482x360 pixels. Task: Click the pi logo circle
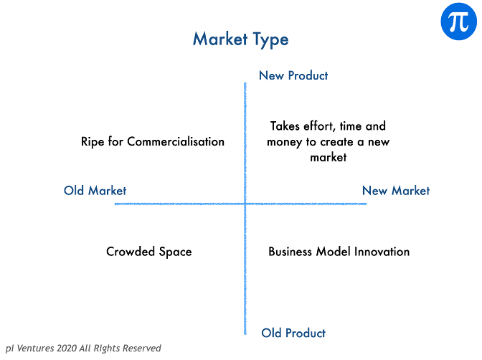[x=458, y=22]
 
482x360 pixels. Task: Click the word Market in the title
[x=220, y=39]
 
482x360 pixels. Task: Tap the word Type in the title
[x=271, y=40]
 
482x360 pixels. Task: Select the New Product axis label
[x=293, y=75]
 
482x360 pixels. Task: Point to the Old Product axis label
[x=293, y=333]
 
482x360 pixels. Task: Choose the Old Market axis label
[x=95, y=191]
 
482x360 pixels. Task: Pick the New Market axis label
[x=396, y=191]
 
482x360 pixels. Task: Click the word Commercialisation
[x=176, y=142]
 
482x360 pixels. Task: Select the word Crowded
[x=131, y=252]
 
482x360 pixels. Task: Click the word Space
[x=175, y=252]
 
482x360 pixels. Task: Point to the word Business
[x=290, y=252]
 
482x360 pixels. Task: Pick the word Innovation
[x=382, y=252]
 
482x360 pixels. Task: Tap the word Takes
[x=285, y=126]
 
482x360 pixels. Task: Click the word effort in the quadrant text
[x=318, y=126]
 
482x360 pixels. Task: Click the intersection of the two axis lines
[x=245, y=204]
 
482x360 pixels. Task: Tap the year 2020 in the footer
[x=67, y=348]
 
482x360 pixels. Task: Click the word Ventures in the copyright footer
[x=35, y=348]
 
